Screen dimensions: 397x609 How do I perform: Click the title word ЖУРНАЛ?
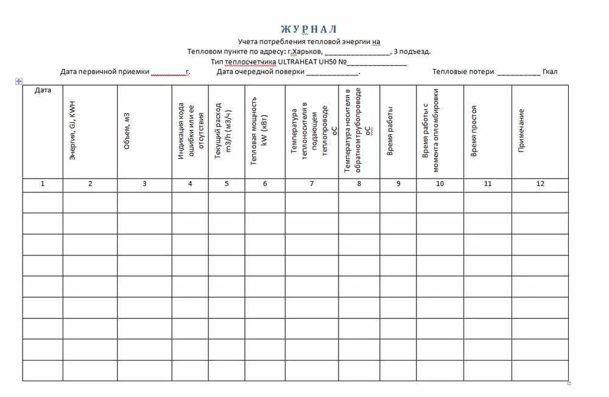[x=309, y=29]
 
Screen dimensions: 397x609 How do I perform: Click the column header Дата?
[x=43, y=90]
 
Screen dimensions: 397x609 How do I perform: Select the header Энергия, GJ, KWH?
[x=72, y=131]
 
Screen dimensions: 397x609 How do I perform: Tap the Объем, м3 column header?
[x=127, y=131]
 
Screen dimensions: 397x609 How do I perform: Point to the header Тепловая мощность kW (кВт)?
[x=259, y=131]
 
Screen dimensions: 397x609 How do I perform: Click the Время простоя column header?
[x=474, y=131]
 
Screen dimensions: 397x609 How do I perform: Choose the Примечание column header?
[x=521, y=131]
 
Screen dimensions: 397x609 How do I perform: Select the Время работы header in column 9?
[x=390, y=131]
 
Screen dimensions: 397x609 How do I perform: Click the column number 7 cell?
[x=311, y=184]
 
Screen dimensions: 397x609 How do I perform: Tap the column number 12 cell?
[x=540, y=184]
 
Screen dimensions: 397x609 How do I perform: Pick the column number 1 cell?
[x=43, y=184]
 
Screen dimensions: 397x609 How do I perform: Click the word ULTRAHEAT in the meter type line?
[x=297, y=61]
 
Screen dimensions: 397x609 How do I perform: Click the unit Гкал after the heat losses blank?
[x=550, y=72]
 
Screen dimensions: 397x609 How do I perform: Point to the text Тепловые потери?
[x=463, y=72]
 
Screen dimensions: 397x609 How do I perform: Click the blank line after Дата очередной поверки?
[x=332, y=72]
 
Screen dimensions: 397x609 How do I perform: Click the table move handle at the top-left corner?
[x=19, y=81]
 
